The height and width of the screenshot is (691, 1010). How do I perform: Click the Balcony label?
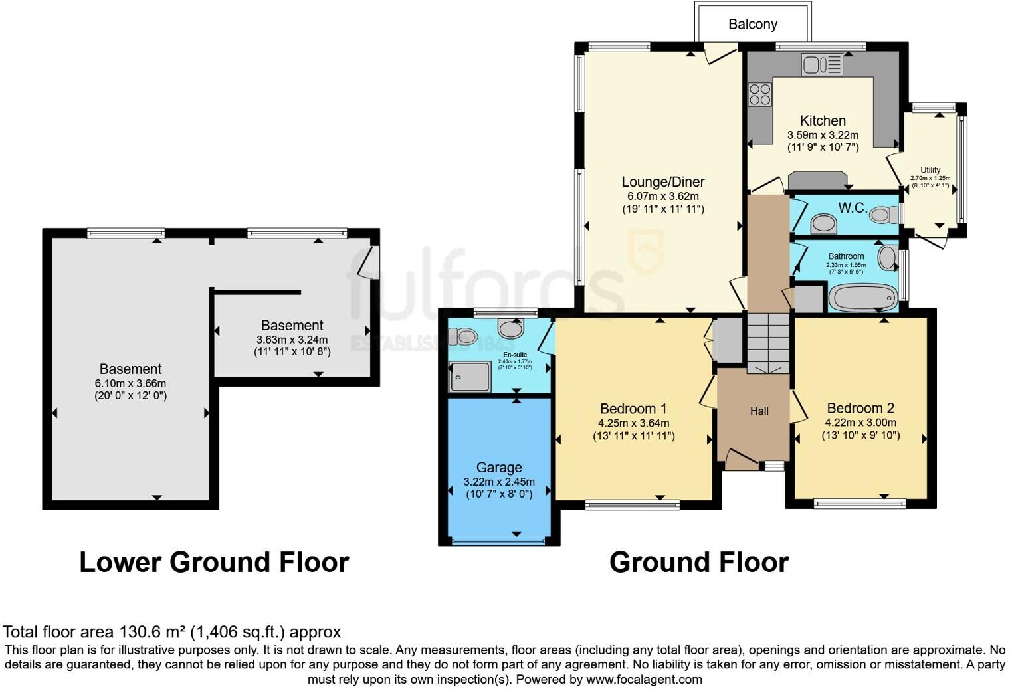(752, 25)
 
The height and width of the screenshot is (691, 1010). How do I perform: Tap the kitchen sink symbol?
(822, 64)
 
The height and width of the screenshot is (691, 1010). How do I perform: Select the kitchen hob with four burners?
(759, 94)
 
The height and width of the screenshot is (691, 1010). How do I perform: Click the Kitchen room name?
(823, 121)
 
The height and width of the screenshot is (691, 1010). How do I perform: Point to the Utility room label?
(930, 170)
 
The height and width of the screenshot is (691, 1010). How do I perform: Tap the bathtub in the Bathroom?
(862, 298)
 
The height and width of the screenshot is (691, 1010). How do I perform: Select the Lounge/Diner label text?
(662, 182)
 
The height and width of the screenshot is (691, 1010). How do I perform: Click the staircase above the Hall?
(767, 343)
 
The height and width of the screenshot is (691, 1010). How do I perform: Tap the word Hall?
(759, 411)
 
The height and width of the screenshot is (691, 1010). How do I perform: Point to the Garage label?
(499, 468)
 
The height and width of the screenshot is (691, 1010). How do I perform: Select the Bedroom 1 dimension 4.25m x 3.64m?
(633, 423)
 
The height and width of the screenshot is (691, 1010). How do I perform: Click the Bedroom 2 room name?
(860, 409)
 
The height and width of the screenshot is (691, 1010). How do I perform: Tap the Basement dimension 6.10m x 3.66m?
(130, 383)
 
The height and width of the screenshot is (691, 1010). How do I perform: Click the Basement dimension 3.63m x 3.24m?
(292, 340)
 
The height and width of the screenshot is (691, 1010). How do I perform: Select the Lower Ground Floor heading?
(214, 563)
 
